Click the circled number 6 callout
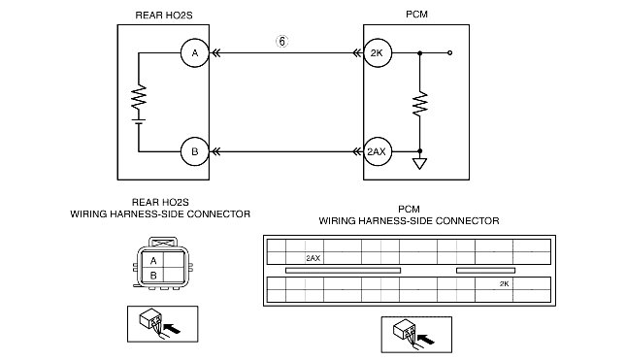[x=281, y=41]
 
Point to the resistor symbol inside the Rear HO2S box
[x=139, y=96]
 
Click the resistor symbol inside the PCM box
[x=419, y=104]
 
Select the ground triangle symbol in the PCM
[x=419, y=164]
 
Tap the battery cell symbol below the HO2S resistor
[x=139, y=121]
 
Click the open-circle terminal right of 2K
[x=450, y=52]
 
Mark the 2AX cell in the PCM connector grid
[x=314, y=258]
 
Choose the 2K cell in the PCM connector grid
[x=504, y=283]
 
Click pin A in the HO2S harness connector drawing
[x=153, y=261]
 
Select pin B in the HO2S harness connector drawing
[x=153, y=275]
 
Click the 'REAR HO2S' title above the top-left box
[x=164, y=16]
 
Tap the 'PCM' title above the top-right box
[x=416, y=15]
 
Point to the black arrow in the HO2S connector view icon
[x=172, y=329]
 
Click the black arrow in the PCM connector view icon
[x=426, y=340]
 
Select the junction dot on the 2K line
[x=419, y=52]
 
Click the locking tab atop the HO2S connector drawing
[x=163, y=242]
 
